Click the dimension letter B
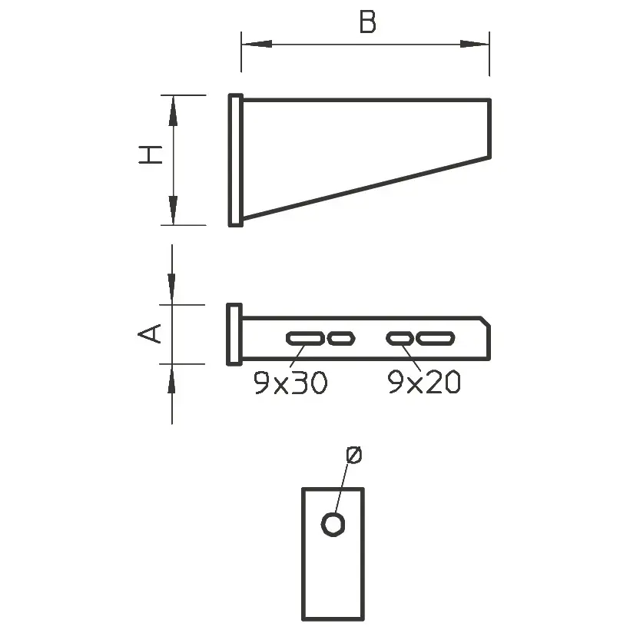[x=367, y=23]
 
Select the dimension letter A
[x=151, y=333]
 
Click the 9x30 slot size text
[x=290, y=383]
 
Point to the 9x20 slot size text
[x=424, y=383]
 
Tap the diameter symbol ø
[x=353, y=456]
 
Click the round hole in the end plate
[x=333, y=524]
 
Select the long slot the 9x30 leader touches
[x=304, y=337]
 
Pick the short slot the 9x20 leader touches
[x=400, y=337]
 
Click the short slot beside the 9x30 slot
[x=340, y=337]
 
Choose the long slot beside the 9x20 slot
[x=436, y=337]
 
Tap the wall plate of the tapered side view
[x=236, y=160]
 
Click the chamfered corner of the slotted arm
[x=486, y=320]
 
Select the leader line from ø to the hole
[x=343, y=489]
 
